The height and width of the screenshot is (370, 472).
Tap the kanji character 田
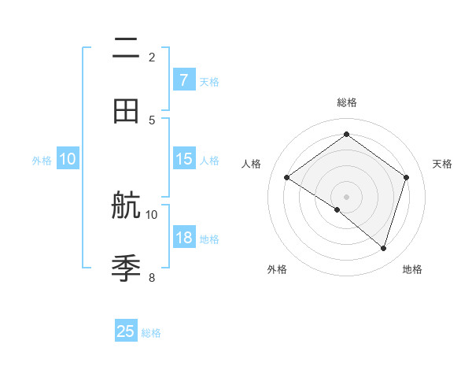point(126,111)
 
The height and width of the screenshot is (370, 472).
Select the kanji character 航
point(126,206)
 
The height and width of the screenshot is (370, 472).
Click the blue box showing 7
point(183,80)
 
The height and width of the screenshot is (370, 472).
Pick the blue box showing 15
point(183,159)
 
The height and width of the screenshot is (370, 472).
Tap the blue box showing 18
point(183,238)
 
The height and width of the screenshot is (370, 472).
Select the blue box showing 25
point(126,331)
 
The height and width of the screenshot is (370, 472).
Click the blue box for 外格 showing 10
point(68,159)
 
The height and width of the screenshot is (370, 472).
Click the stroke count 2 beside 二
point(152,57)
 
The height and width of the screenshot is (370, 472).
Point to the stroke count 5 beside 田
point(152,120)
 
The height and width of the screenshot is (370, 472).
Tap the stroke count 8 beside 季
point(152,277)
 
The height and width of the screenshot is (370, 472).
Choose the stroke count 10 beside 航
point(152,214)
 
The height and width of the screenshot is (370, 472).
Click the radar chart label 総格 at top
point(346,102)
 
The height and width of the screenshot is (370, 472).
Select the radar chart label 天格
point(442,164)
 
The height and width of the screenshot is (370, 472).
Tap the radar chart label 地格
point(412,269)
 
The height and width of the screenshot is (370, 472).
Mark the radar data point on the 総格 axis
point(346,134)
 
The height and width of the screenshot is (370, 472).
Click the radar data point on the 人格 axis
point(287,178)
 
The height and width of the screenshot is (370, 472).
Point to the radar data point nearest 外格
point(337,210)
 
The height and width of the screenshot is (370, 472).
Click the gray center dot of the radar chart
point(346,196)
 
